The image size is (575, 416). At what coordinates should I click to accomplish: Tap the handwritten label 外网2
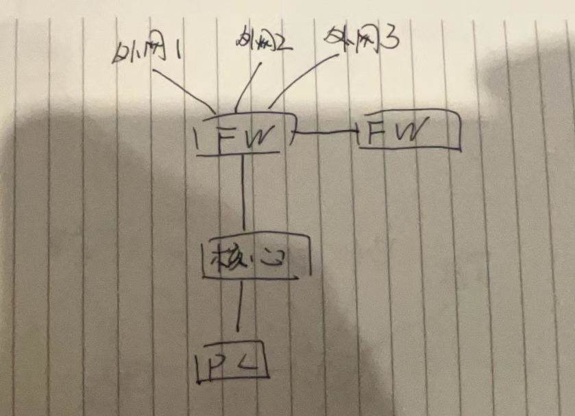coord(262,42)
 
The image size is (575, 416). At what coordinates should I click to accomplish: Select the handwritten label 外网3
coord(363,40)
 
